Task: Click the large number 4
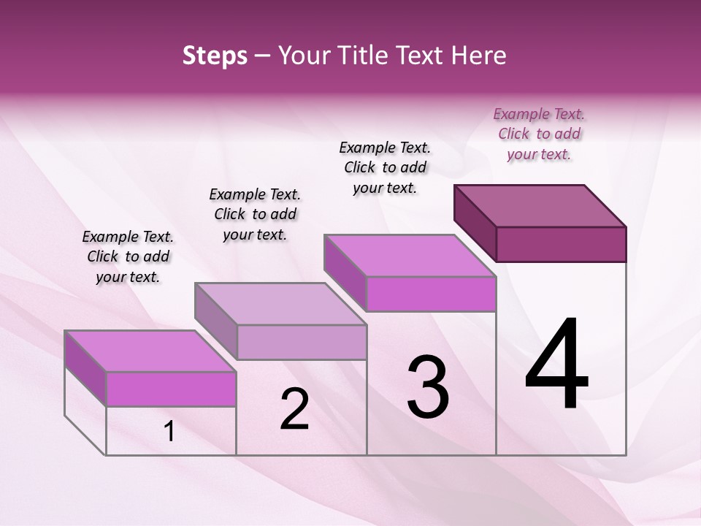click(556, 365)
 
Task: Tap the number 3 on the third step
click(428, 387)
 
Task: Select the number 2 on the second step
click(295, 409)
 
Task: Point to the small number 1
click(169, 432)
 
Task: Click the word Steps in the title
click(215, 56)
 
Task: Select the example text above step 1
click(128, 256)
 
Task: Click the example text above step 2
click(255, 214)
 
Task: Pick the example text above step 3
click(385, 167)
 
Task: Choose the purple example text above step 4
click(539, 134)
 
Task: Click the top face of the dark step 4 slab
click(540, 205)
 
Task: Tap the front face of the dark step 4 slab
click(561, 244)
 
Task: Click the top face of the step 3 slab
click(410, 256)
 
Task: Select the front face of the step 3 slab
click(431, 294)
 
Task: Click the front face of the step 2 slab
click(302, 342)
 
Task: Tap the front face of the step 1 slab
click(171, 389)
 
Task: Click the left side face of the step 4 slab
click(475, 223)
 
